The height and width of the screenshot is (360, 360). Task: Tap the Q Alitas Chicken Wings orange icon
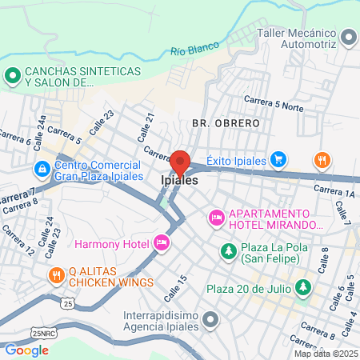pyautogui.click(x=55, y=276)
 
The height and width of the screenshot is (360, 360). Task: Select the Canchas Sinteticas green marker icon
pyautogui.click(x=12, y=76)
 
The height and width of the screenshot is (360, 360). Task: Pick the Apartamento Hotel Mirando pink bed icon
pyautogui.click(x=216, y=218)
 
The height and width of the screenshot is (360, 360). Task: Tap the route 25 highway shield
pyautogui.click(x=69, y=305)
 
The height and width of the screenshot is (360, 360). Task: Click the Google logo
pyautogui.click(x=26, y=350)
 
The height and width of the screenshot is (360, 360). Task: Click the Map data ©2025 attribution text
pyautogui.click(x=325, y=354)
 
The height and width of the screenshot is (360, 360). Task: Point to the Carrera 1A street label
pyautogui.click(x=334, y=191)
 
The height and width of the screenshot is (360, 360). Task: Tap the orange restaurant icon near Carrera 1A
pyautogui.click(x=322, y=160)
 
